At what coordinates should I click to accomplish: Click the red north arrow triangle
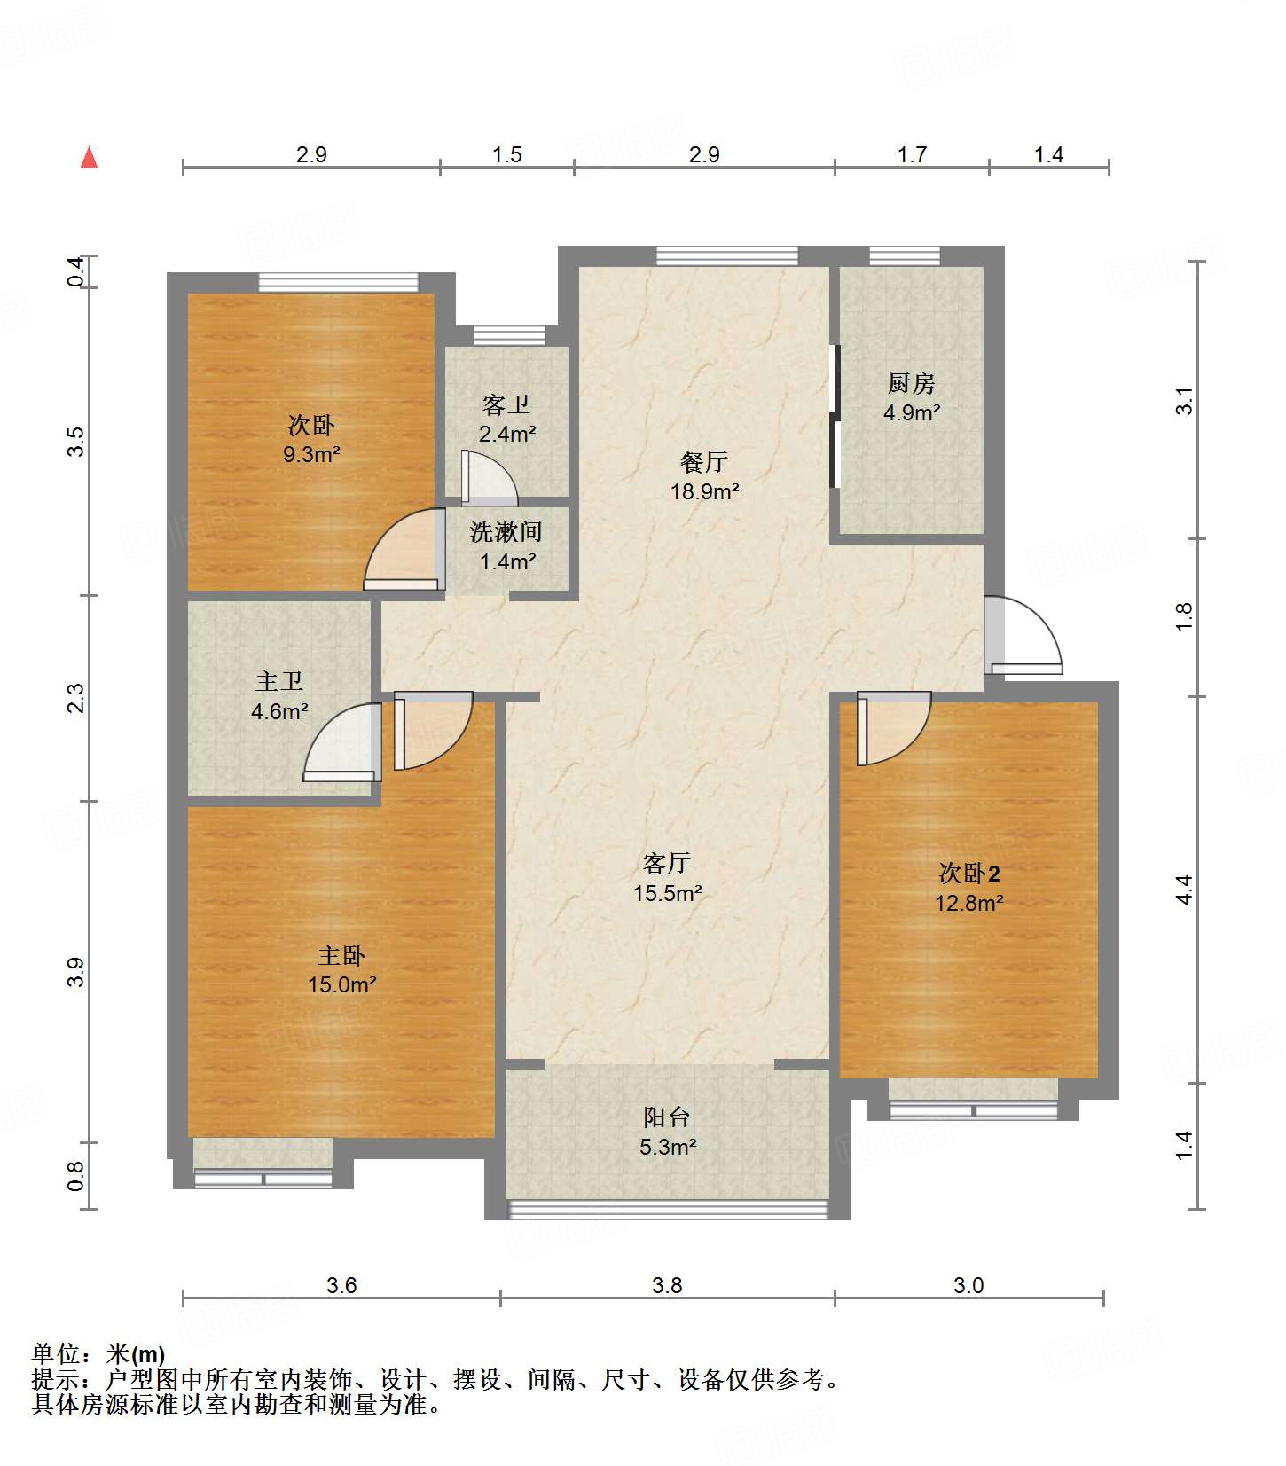click(89, 157)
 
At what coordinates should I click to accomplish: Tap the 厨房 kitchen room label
click(911, 383)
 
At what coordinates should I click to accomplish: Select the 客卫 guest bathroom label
click(506, 405)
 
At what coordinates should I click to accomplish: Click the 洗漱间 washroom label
click(506, 532)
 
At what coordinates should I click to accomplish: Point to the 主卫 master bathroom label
click(279, 681)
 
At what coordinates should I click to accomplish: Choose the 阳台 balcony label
click(666, 1117)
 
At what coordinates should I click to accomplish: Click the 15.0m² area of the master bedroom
click(342, 984)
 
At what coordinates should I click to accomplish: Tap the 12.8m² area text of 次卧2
click(968, 903)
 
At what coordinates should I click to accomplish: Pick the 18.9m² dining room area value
click(705, 491)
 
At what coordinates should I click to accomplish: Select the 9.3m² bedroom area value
click(311, 454)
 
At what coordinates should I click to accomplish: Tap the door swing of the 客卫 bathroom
click(489, 480)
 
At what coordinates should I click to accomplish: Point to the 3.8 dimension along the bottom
click(667, 1285)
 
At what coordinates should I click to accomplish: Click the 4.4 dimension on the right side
click(1184, 890)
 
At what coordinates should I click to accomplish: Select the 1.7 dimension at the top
click(912, 154)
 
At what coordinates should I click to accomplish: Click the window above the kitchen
click(905, 256)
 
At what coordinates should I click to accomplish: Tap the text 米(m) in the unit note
click(136, 1354)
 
